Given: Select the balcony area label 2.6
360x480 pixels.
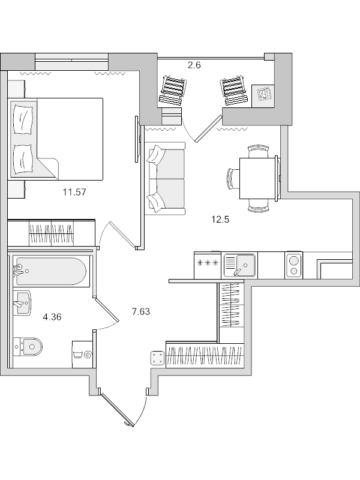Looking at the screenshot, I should click(x=194, y=65).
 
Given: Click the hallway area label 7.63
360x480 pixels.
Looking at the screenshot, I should click(x=140, y=311).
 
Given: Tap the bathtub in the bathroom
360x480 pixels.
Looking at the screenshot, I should click(x=50, y=272).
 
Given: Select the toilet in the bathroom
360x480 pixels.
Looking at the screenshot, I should click(x=29, y=346).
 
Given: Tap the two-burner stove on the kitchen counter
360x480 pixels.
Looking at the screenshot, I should click(x=293, y=265).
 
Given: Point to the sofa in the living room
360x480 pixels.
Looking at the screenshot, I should click(x=165, y=178).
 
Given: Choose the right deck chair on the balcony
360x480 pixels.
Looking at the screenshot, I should click(x=233, y=92).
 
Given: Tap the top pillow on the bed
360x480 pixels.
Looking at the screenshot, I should click(x=23, y=118).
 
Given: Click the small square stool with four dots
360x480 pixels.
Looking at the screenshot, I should click(x=157, y=358).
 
